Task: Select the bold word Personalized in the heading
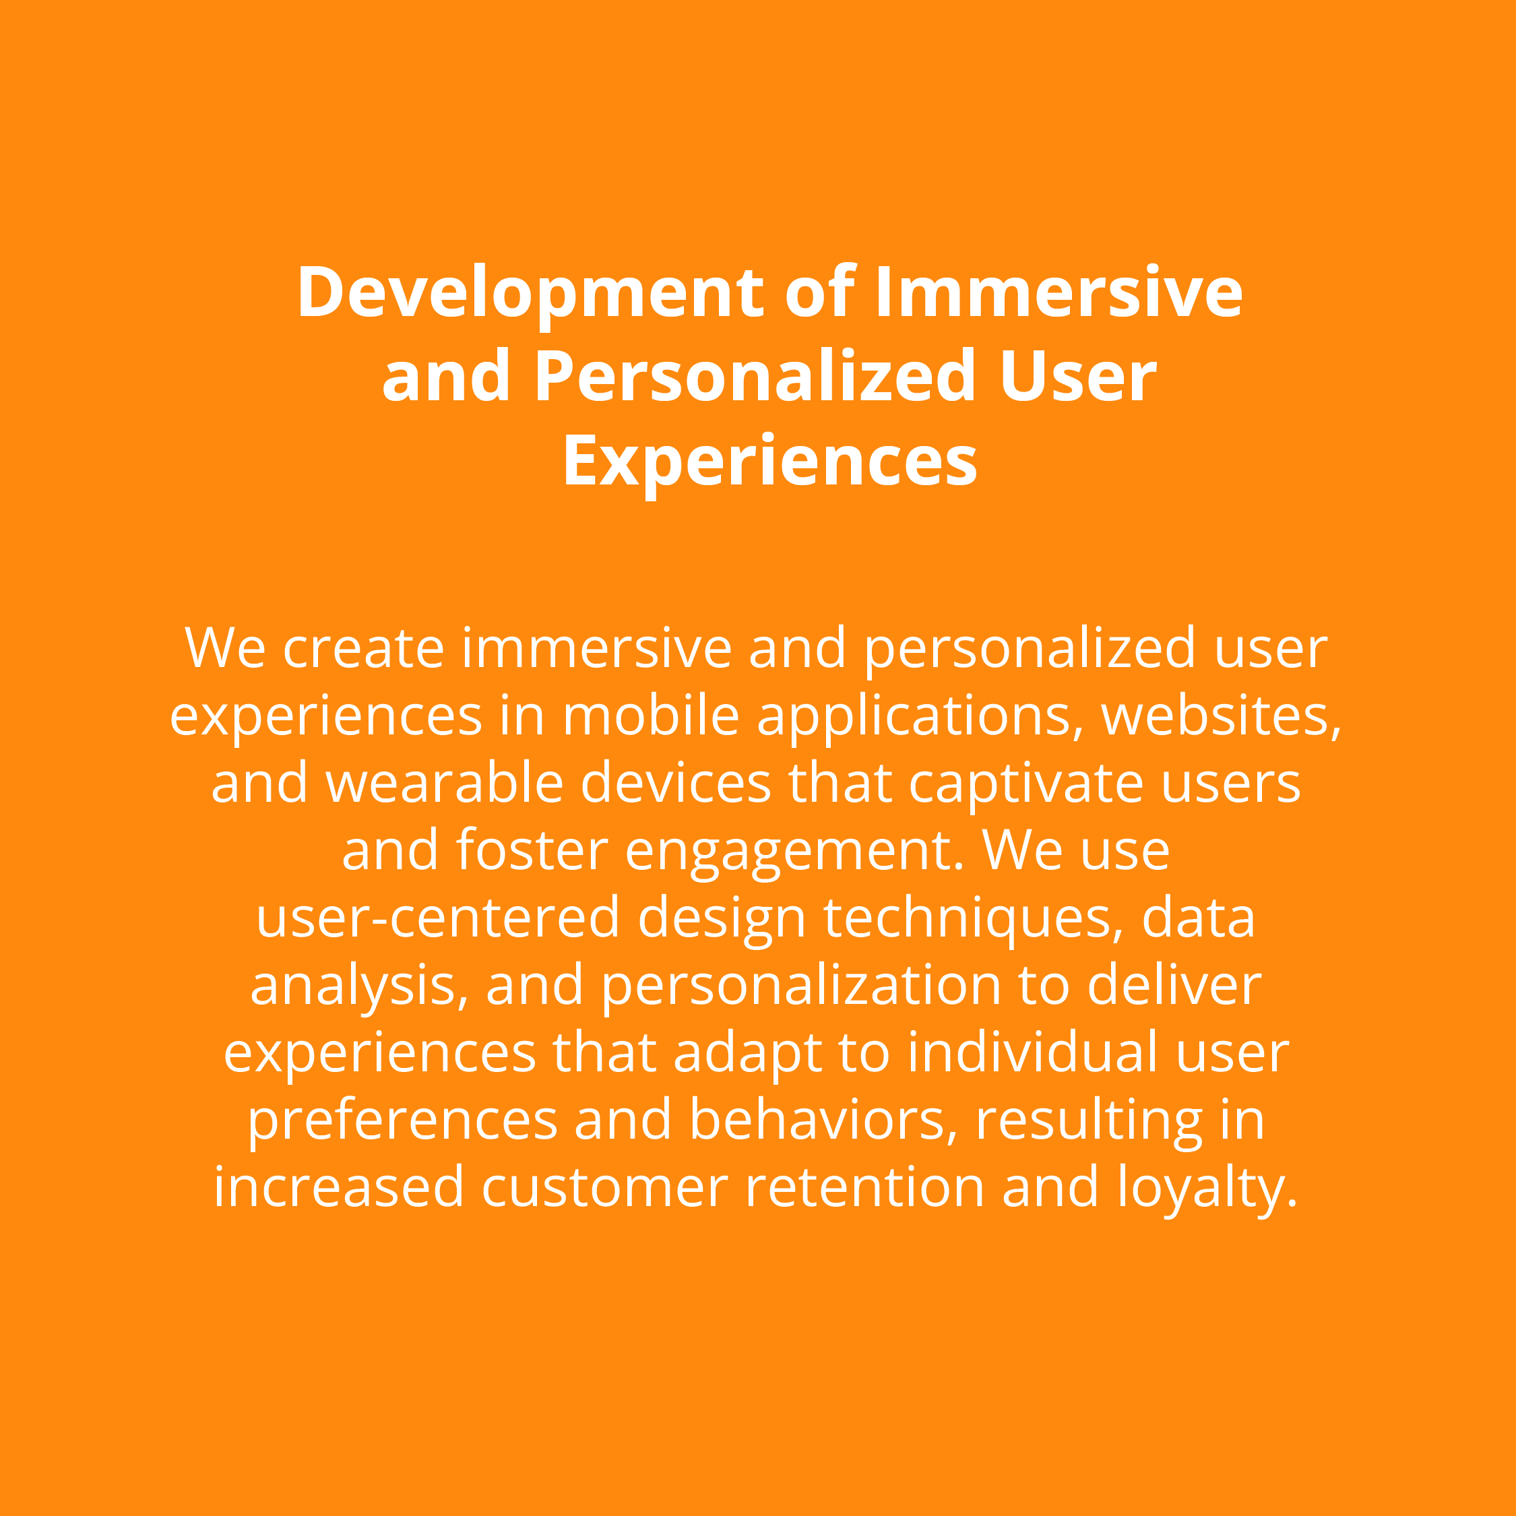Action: (755, 377)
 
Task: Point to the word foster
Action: (531, 852)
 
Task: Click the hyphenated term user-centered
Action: (438, 920)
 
